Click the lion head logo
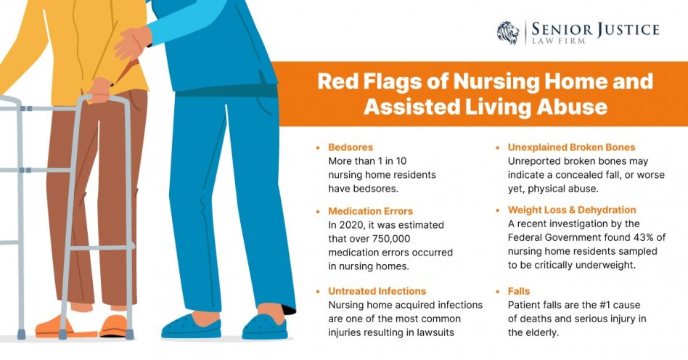tap(508, 33)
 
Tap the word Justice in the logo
tap(627, 30)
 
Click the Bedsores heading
tap(351, 147)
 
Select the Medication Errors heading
tap(371, 211)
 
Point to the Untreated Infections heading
tap(377, 291)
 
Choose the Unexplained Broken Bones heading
tap(572, 147)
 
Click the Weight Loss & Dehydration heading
tap(572, 210)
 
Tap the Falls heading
tap(519, 291)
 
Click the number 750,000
tap(391, 239)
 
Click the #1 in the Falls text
tap(605, 305)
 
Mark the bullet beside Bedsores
tap(318, 147)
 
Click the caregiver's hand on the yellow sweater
tap(131, 43)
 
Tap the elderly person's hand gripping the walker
tap(99, 91)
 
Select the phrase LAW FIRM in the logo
tap(559, 41)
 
